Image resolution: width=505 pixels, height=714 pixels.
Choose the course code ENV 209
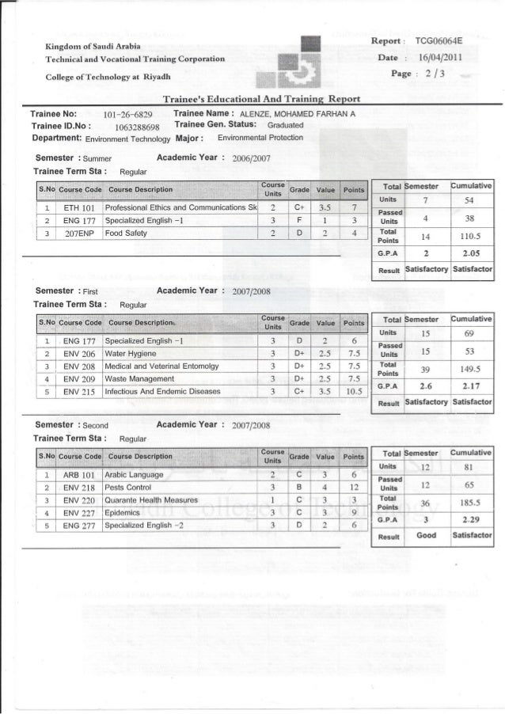click(x=78, y=379)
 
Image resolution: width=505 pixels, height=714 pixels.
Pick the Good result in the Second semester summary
click(x=426, y=535)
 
